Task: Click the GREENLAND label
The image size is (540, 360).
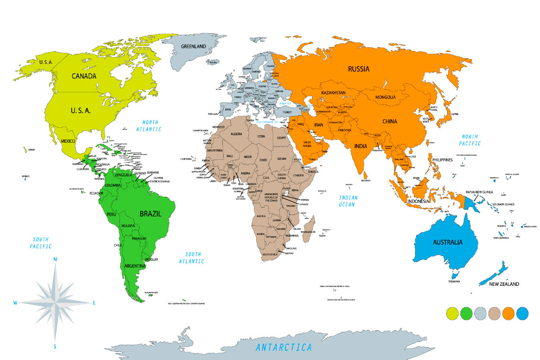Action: pyautogui.click(x=193, y=46)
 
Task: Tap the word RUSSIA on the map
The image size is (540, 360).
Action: pyautogui.click(x=359, y=69)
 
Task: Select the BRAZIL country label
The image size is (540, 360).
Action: pyautogui.click(x=150, y=213)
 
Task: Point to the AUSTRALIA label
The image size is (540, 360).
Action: pyautogui.click(x=448, y=242)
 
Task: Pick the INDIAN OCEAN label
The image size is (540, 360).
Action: pyautogui.click(x=348, y=201)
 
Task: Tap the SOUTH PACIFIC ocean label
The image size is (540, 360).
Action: pyautogui.click(x=41, y=243)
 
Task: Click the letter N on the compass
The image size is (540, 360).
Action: pyautogui.click(x=55, y=259)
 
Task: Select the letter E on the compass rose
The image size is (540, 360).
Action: pyautogui.click(x=94, y=303)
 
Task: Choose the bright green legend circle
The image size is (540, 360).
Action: pyautogui.click(x=467, y=313)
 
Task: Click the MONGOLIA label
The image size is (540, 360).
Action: pyautogui.click(x=385, y=97)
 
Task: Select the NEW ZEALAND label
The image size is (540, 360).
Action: pyautogui.click(x=504, y=284)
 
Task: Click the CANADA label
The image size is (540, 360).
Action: pyautogui.click(x=84, y=76)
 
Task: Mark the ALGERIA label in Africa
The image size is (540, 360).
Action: pyautogui.click(x=237, y=134)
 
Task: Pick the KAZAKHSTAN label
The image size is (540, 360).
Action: pyautogui.click(x=333, y=93)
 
